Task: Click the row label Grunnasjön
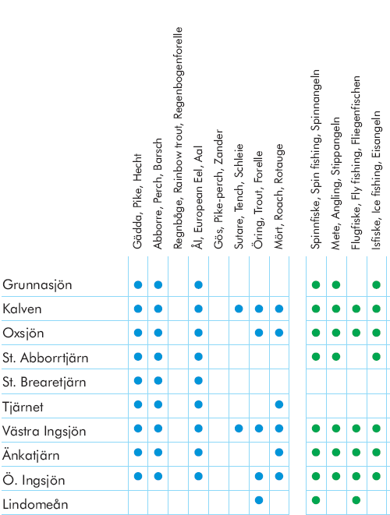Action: pos(37,284)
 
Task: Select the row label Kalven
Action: pos(22,309)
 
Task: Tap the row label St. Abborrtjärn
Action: pos(45,358)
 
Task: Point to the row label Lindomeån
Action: pos(35,504)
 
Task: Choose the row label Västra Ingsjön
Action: pos(44,431)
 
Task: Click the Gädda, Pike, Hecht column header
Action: pos(138,201)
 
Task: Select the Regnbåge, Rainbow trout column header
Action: pos(178,138)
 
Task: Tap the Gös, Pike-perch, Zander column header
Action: pos(218,189)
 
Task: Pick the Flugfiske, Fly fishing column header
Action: pos(356,163)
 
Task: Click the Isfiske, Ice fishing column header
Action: pos(376,180)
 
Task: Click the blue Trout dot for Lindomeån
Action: pos(259,500)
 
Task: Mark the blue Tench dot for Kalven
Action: pos(239,309)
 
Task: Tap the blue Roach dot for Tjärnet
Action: pos(279,404)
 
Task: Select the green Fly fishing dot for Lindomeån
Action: pos(356,500)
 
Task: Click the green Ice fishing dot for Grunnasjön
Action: pos(376,284)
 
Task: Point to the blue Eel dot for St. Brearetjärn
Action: pos(198,380)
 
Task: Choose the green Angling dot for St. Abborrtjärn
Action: pos(335,357)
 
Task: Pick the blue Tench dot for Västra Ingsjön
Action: pos(239,429)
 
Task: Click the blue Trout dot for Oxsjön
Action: pos(259,333)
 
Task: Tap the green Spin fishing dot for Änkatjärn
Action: pos(316,452)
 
